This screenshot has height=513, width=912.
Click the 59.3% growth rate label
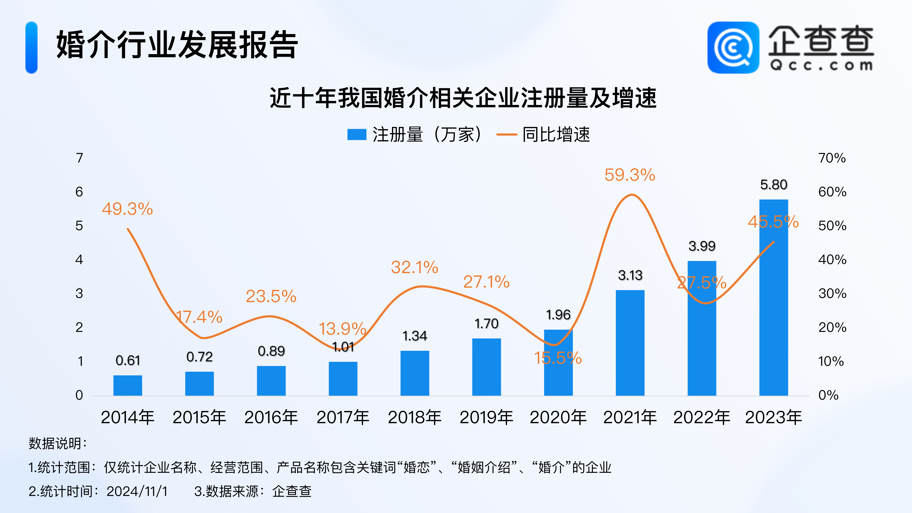pyautogui.click(x=630, y=175)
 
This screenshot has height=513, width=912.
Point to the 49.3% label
pyautogui.click(x=127, y=209)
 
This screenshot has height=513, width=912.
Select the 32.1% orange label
pyautogui.click(x=415, y=267)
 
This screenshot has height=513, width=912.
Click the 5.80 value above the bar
pyautogui.click(x=774, y=184)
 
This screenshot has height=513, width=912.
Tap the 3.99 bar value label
pyautogui.click(x=702, y=246)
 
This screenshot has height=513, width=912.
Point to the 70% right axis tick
pyautogui.click(x=832, y=158)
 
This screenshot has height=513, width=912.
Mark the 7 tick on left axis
pyautogui.click(x=79, y=158)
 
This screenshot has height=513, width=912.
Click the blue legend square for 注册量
pyautogui.click(x=356, y=135)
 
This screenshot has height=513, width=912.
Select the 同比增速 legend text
pyautogui.click(x=556, y=135)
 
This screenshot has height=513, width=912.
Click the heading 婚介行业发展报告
pyautogui.click(x=177, y=45)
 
